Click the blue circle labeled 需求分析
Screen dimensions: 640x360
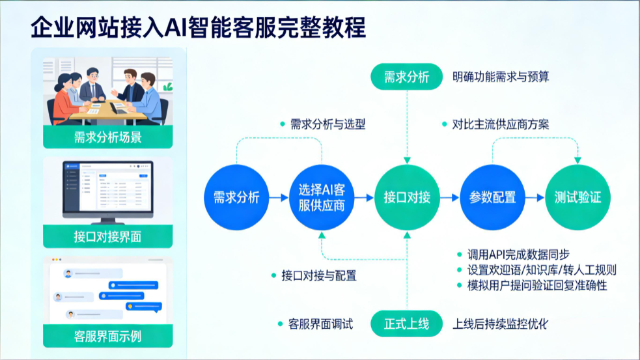tap(236, 197)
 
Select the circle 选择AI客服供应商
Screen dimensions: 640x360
tap(322, 197)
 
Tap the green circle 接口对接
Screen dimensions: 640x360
tap(407, 197)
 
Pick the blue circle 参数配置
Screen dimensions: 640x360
tap(492, 197)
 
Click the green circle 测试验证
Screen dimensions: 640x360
tap(577, 197)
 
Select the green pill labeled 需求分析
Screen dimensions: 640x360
tap(406, 76)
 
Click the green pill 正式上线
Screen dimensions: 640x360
tap(406, 324)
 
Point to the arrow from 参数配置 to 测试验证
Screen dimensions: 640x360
tap(535, 197)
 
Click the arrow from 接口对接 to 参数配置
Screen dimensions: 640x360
tap(450, 197)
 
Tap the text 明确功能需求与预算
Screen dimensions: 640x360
tap(501, 76)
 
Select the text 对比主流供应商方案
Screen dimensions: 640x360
tap(501, 124)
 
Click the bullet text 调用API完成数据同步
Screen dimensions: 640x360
tap(518, 255)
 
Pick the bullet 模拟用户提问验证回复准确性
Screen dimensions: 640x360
tap(537, 285)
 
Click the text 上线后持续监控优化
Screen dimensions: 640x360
tap(500, 324)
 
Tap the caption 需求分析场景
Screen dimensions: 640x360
tap(108, 137)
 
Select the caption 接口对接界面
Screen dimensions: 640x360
tap(108, 237)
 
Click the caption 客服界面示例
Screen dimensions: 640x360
tap(108, 337)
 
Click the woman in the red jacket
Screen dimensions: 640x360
tap(65, 100)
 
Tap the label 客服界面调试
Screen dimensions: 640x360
tap(320, 324)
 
